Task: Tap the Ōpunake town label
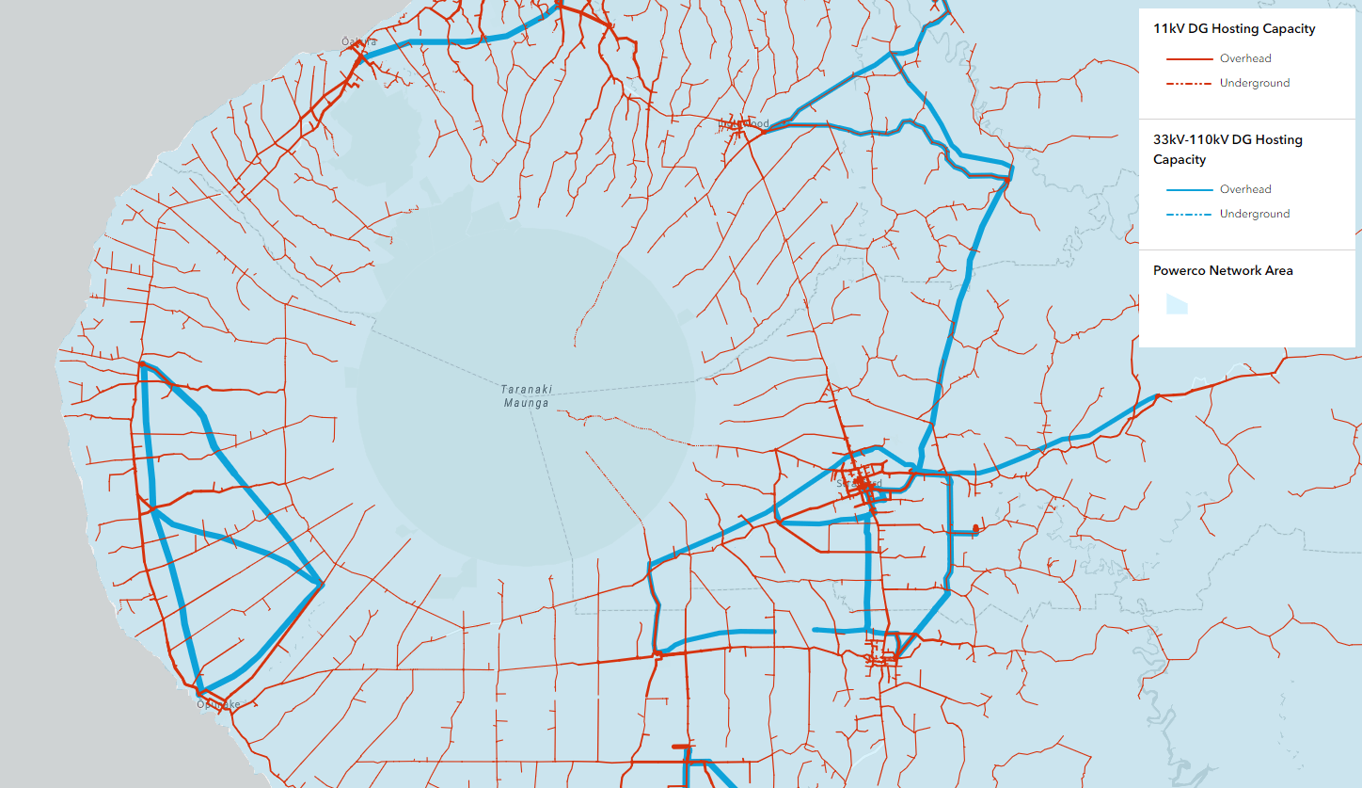coord(218,704)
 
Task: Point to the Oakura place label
coord(359,41)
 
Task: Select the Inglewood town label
coord(744,123)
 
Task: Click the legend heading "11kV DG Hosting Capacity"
coord(1234,28)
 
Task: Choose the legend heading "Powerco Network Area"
coord(1223,270)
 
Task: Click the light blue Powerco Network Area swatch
coord(1177,303)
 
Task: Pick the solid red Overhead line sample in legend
coord(1189,58)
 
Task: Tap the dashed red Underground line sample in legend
coord(1189,83)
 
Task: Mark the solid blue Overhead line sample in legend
coord(1189,189)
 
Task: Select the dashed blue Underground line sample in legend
coord(1189,214)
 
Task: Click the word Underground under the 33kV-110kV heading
coord(1255,214)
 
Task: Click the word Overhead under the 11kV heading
coord(1245,58)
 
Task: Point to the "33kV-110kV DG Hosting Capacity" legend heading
coord(1227,149)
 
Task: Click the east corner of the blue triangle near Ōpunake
coord(322,584)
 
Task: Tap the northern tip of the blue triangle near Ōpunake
coord(142,365)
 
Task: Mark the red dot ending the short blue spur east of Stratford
coord(975,531)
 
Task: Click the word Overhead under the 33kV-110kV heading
coord(1245,189)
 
